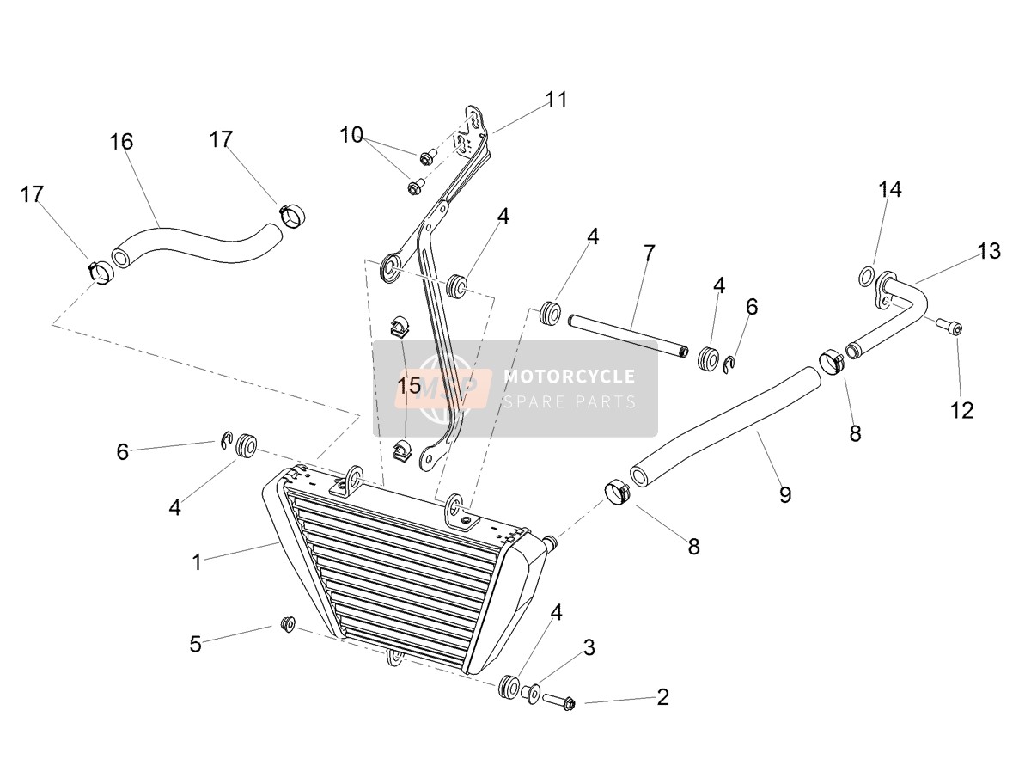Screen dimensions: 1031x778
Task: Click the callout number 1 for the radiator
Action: click(x=198, y=562)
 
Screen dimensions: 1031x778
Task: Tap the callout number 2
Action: click(x=662, y=697)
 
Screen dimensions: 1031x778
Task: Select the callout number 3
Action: click(x=589, y=647)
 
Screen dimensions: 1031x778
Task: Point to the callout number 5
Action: click(x=195, y=644)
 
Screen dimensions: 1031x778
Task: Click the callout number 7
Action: click(x=649, y=254)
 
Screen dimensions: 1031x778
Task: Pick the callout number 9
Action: click(x=785, y=494)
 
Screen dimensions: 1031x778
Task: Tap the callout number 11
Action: click(x=557, y=100)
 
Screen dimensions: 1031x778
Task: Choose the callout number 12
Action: click(x=962, y=411)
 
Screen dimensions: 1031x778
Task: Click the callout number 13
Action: click(x=989, y=251)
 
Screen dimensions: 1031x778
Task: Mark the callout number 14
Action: click(x=890, y=189)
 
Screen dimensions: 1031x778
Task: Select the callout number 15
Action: click(x=409, y=386)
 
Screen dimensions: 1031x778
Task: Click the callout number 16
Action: click(x=121, y=141)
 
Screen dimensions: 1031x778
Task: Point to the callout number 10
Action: click(x=351, y=135)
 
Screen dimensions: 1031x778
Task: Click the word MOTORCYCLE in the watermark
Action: click(x=570, y=377)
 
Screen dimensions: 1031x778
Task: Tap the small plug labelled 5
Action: click(x=287, y=624)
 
